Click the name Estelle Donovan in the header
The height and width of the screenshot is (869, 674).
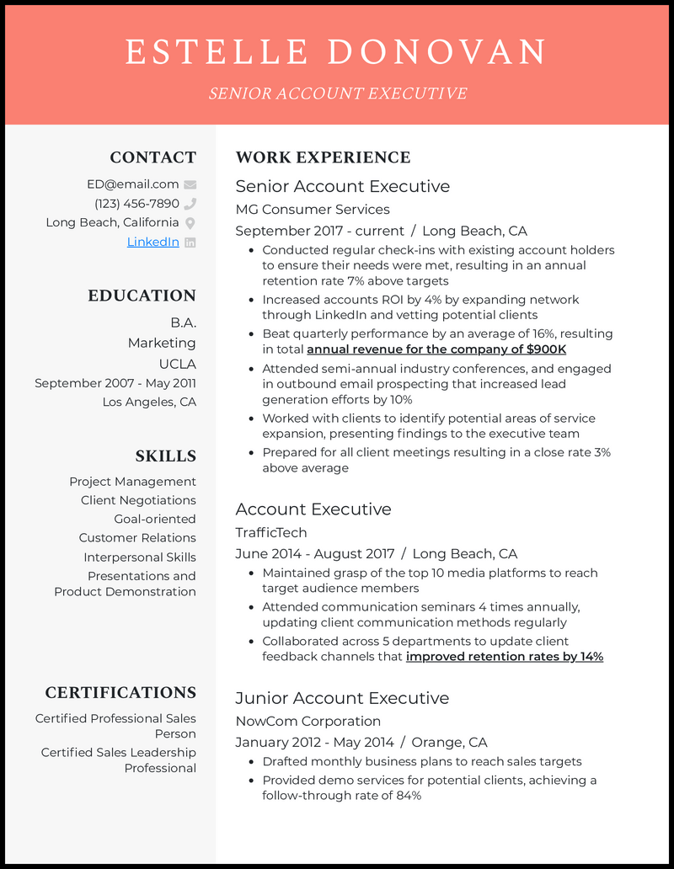[337, 52]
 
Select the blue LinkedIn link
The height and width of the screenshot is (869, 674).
[152, 242]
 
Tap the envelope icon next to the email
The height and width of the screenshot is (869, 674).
[190, 184]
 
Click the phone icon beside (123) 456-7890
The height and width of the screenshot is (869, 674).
[190, 204]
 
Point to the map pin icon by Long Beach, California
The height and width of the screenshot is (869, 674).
[190, 223]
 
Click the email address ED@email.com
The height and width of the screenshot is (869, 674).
[132, 184]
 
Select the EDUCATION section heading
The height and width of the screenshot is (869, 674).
[142, 296]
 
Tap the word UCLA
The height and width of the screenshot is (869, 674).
[177, 364]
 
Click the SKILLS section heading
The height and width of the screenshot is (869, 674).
[165, 456]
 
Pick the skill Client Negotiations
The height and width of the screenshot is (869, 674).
[138, 500]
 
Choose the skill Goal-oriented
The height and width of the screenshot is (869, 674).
[155, 519]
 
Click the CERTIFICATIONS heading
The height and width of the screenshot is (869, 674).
[120, 693]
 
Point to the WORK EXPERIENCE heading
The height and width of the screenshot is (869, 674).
[323, 157]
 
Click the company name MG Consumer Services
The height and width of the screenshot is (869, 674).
[313, 209]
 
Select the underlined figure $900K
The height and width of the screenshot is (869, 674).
[545, 349]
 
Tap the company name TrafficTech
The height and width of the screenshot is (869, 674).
[271, 532]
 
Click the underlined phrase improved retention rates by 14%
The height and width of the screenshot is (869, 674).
[505, 657]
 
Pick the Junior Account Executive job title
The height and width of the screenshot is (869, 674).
[342, 698]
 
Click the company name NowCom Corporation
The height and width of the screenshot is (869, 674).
[308, 721]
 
